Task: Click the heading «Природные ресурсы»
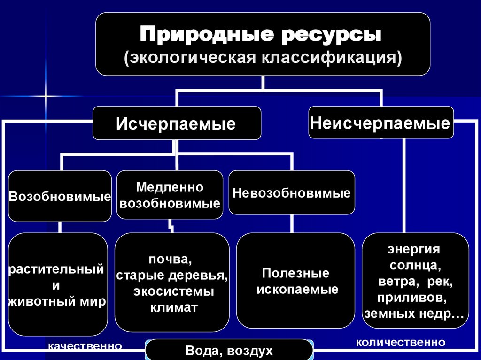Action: [262, 36]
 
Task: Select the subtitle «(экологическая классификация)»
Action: [262, 59]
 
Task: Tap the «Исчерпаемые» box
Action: [176, 124]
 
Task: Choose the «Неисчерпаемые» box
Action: [380, 123]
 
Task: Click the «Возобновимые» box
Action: [60, 196]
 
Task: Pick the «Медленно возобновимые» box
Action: [170, 195]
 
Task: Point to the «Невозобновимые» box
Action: [292, 193]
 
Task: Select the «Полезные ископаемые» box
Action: [296, 281]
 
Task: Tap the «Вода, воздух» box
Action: [229, 351]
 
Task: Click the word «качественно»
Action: [85, 346]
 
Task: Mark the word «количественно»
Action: [401, 342]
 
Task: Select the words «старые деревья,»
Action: [172, 276]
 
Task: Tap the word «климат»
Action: [174, 308]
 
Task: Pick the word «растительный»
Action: [56, 269]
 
